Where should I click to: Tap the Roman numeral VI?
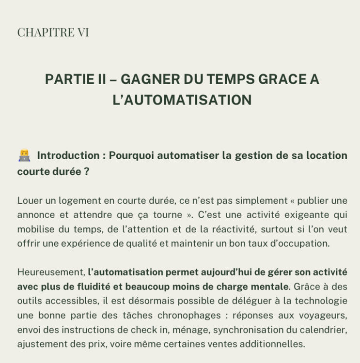tap(82, 32)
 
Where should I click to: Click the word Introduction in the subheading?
tap(68, 156)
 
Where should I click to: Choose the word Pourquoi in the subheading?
tap(132, 156)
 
